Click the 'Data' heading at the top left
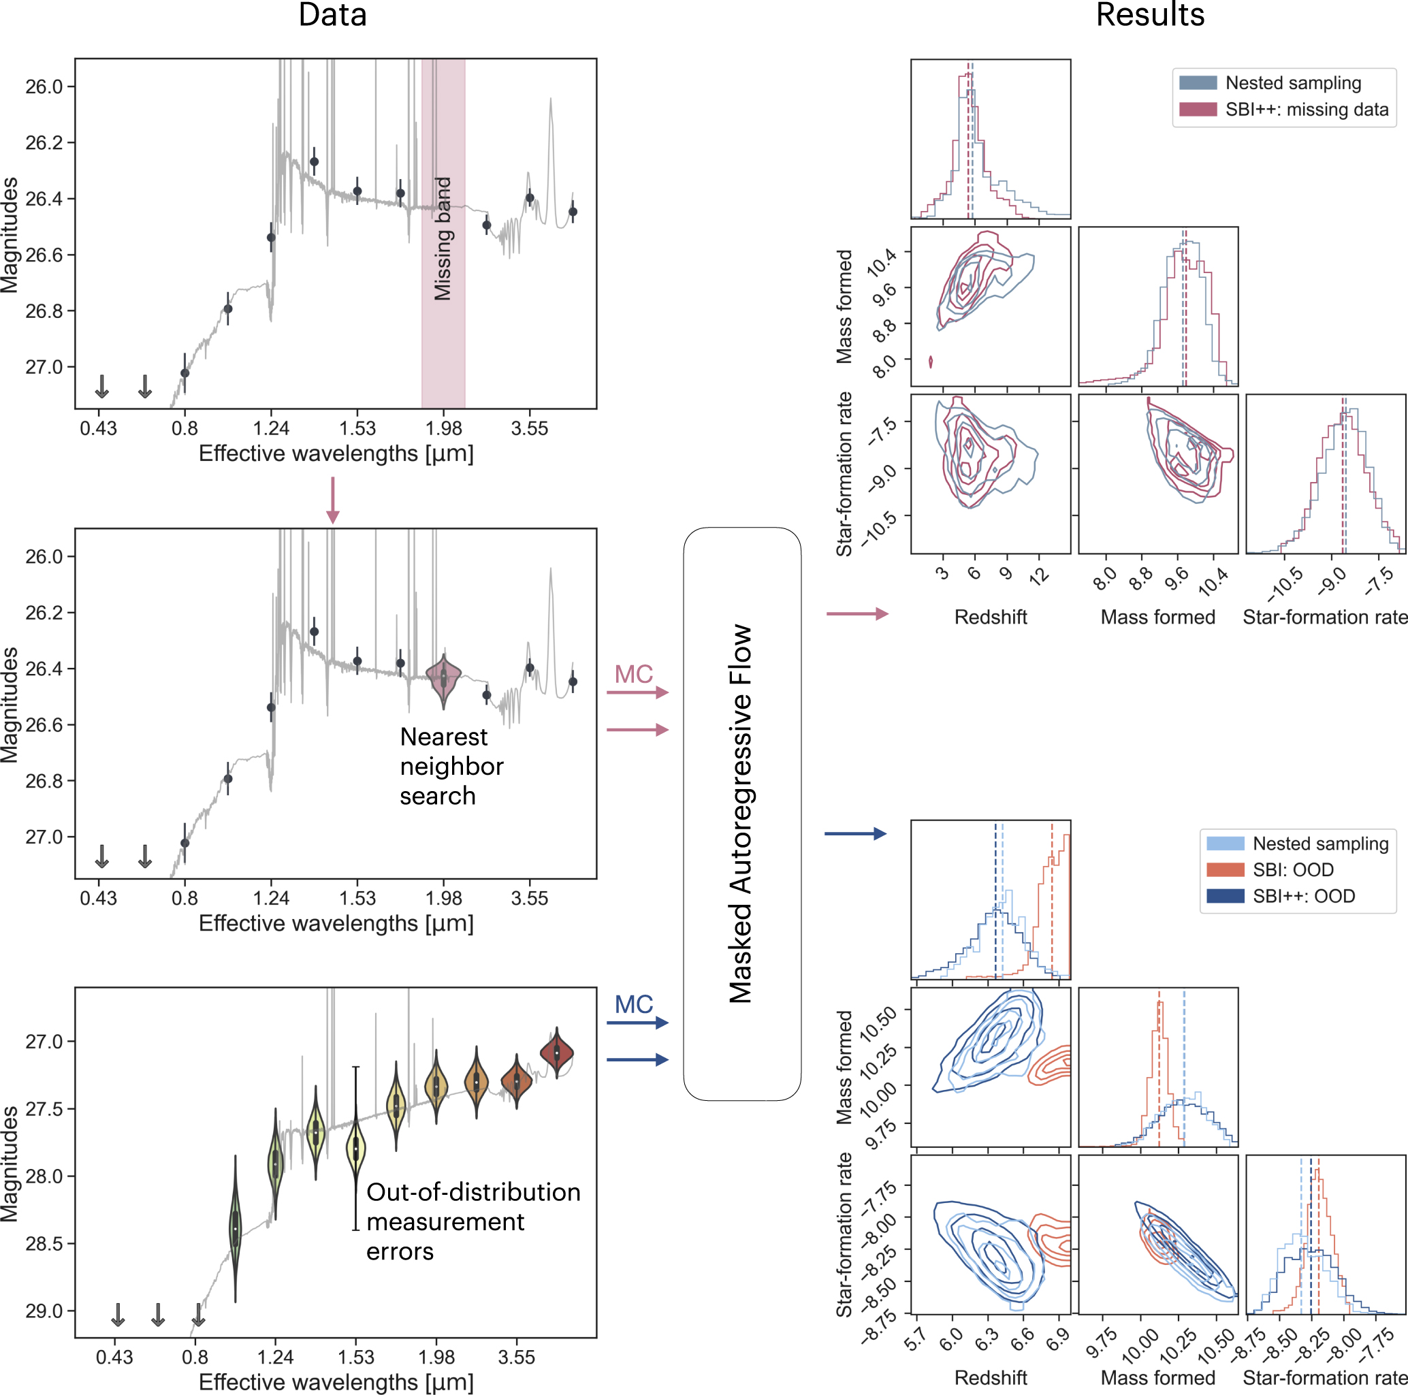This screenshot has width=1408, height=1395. coord(332,15)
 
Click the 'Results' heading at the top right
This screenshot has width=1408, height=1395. coord(1149,15)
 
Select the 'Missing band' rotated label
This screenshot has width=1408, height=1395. coord(443,238)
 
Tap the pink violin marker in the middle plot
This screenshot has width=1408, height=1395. coord(443,679)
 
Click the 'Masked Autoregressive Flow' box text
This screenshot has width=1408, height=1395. coord(741,813)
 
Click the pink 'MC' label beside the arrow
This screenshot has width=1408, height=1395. coord(633,674)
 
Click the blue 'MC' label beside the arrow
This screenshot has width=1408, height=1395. coord(633,1004)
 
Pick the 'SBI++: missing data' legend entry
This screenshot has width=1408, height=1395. coord(1306,110)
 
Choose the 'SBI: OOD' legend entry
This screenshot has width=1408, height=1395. coord(1293,869)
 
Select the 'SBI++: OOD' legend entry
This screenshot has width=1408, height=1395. coord(1303,896)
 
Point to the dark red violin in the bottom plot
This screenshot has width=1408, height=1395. coord(557,1053)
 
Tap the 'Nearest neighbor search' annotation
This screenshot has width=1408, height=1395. coord(451,766)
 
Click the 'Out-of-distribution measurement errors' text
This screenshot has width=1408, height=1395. coord(473,1221)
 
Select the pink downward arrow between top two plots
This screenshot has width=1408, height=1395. coord(332,500)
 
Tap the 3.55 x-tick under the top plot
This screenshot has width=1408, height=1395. coord(529,428)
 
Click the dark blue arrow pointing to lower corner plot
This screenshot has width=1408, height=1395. coord(855,833)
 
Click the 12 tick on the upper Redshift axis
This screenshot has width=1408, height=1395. coord(1038,575)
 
